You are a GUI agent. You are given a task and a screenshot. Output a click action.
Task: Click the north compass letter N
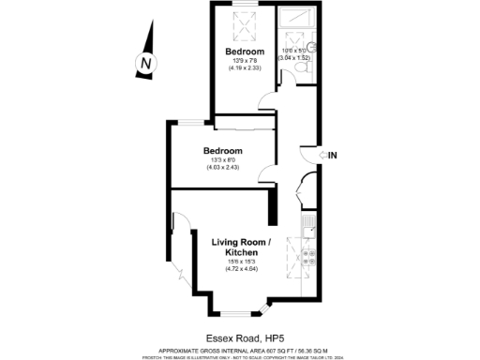(144, 63)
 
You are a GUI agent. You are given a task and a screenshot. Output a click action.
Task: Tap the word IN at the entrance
(333, 155)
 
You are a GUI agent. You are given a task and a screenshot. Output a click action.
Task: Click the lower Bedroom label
(223, 151)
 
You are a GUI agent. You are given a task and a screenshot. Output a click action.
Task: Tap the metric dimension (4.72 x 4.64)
(241, 270)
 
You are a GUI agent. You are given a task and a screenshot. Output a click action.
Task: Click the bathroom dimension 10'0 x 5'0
(294, 50)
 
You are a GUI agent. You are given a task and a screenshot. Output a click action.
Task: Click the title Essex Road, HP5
(240, 337)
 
